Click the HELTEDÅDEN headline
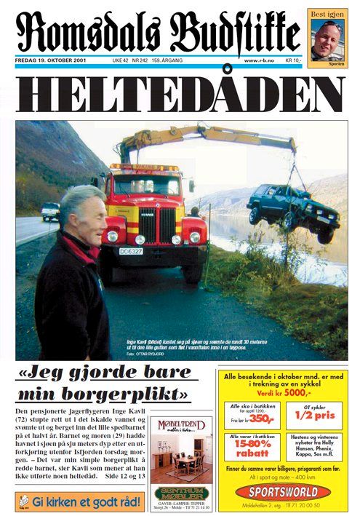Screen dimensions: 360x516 pos(179,94)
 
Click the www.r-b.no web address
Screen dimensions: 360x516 pos(257,60)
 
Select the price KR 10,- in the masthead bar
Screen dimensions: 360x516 pos(293,60)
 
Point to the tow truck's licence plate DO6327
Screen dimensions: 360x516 pos(130,250)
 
